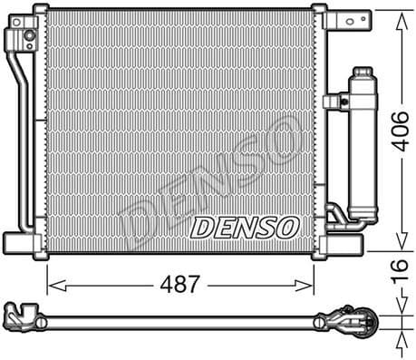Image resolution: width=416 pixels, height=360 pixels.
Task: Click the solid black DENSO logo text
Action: pos(242,226)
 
